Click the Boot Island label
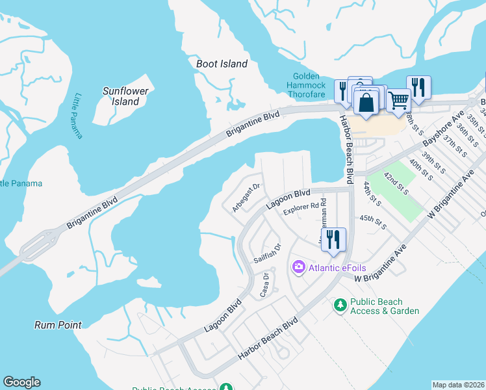[x=222, y=64]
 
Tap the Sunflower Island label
[x=125, y=96]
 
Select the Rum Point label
[x=58, y=324]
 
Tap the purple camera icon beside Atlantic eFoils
[x=299, y=266]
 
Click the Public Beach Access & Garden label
[x=385, y=306]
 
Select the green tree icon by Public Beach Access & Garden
[x=339, y=304]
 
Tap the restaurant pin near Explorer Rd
[x=333, y=239]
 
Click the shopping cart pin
[x=398, y=101]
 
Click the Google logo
[x=21, y=382]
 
